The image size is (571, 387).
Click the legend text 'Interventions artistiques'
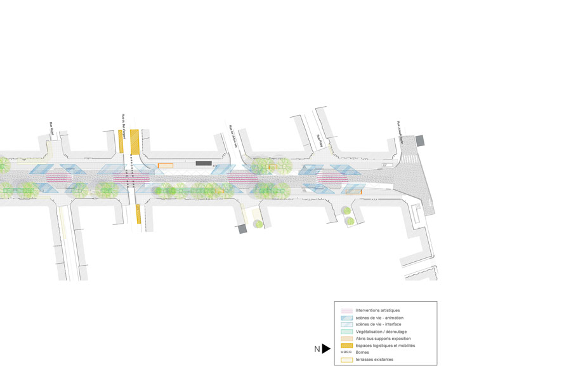pyautogui.click(x=377, y=310)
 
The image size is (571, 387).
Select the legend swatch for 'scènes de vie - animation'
pyautogui.click(x=346, y=318)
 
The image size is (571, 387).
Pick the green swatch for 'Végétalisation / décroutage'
pyautogui.click(x=346, y=332)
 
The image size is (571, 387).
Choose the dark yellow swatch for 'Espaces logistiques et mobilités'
pyautogui.click(x=346, y=346)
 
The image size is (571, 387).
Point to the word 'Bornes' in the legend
pyautogui.click(x=363, y=352)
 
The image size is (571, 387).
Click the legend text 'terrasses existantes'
pyautogui.click(x=374, y=360)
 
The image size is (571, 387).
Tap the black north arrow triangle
pyautogui.click(x=326, y=348)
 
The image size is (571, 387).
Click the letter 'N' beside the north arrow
pyautogui.click(x=317, y=349)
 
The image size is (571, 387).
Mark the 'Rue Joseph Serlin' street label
pyautogui.click(x=400, y=132)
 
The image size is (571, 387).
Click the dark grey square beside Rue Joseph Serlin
pyautogui.click(x=420, y=140)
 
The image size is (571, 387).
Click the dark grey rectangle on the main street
pyautogui.click(x=204, y=163)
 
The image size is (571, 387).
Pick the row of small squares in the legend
pyautogui.click(x=346, y=352)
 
